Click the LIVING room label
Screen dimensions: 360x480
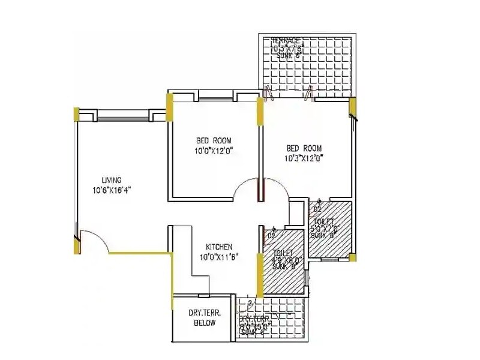[112, 180]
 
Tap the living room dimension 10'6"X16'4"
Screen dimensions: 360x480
[112, 190]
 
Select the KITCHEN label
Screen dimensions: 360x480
[219, 247]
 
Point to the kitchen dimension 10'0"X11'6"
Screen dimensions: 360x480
[219, 257]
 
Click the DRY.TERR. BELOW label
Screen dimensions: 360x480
[202, 317]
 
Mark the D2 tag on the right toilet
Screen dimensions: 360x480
[318, 209]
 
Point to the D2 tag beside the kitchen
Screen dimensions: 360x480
[271, 236]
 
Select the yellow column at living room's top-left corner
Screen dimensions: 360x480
[76, 114]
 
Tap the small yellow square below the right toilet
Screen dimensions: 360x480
[353, 257]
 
